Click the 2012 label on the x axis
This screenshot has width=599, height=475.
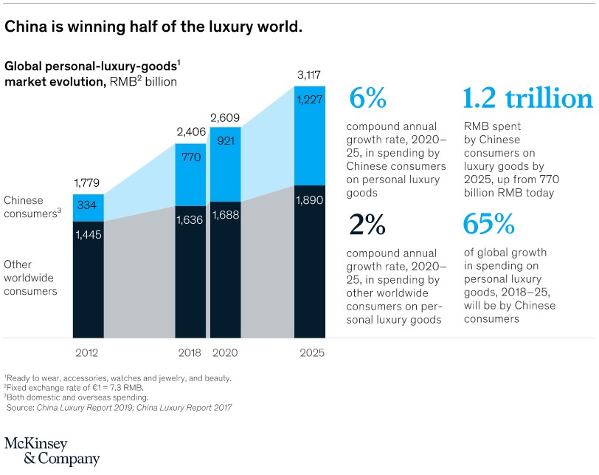coord(88,353)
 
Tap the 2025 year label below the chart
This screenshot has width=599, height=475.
coord(310,353)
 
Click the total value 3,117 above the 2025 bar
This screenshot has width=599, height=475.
coord(310,75)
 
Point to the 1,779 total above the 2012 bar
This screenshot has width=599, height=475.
coord(88,182)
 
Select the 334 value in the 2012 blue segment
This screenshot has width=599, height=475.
coord(88,206)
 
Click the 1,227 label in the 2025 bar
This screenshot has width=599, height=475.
coord(310,100)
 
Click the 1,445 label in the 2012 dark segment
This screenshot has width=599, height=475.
coord(88,235)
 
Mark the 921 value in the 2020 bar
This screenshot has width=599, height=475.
coord(226,140)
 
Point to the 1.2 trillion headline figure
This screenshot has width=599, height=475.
coord(527,99)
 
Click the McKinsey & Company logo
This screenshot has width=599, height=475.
coord(52,450)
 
